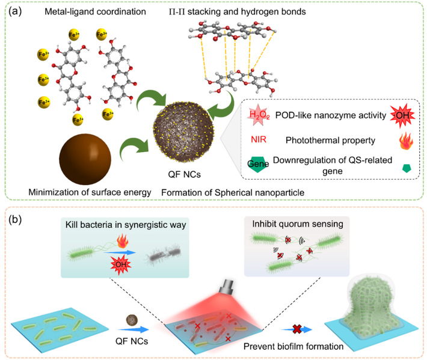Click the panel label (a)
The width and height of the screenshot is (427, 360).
tap(15, 11)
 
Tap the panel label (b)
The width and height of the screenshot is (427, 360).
tap(15, 219)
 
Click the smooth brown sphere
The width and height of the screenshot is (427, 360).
tap(85, 159)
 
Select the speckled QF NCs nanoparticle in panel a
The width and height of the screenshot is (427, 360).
tap(184, 132)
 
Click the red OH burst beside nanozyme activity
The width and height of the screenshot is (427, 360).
tap(402, 115)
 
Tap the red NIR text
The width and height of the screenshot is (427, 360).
tap(259, 139)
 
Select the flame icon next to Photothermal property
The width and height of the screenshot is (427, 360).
tap(406, 141)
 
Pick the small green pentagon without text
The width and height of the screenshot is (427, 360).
tap(407, 168)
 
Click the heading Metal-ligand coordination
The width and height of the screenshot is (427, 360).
tap(95, 11)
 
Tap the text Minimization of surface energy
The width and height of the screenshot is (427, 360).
tap(90, 192)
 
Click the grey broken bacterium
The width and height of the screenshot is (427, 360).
tap(164, 254)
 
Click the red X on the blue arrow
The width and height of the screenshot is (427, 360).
tap(297, 329)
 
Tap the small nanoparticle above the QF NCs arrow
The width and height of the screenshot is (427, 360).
tap(132, 320)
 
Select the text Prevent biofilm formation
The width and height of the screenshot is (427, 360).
tap(293, 346)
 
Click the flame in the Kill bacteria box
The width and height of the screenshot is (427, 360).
tap(123, 242)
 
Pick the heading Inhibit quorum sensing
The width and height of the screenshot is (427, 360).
tap(298, 224)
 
